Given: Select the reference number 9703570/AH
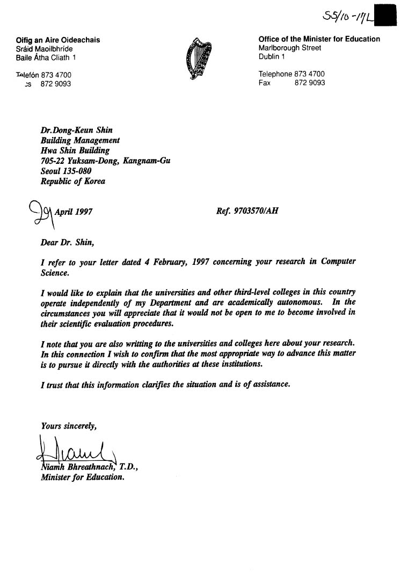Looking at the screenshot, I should [256, 211].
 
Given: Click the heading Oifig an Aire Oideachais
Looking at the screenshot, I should [58, 40].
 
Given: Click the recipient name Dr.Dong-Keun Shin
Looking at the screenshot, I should [77, 130].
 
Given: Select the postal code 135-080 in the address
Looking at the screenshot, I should [80, 171].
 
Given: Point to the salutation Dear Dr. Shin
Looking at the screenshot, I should [68, 242].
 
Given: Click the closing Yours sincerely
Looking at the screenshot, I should [69, 426].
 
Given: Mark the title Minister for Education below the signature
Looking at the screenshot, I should [83, 477].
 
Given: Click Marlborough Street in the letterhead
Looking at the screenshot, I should [290, 48].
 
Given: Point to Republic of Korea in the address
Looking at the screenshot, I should [73, 181].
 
